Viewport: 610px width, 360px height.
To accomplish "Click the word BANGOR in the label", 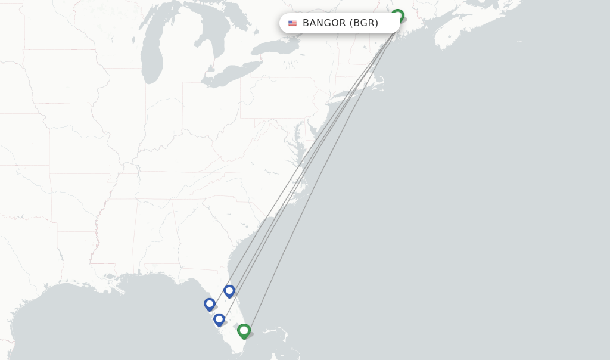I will point(324,23).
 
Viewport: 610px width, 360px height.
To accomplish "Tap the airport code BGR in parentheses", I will point(364,23).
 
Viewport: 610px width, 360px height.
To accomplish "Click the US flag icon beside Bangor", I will point(292,23).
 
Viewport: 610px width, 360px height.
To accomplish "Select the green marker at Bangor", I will point(397,15).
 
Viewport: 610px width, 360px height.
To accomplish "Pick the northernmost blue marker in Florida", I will point(229,291).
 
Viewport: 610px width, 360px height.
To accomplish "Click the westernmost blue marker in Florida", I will point(209,304).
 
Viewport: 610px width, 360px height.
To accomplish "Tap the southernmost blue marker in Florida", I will point(219,319).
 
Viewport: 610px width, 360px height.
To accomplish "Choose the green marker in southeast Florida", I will point(244,330).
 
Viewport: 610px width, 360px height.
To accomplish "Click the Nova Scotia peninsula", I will point(465,36).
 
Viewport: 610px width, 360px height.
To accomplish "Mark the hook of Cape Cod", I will point(381,80).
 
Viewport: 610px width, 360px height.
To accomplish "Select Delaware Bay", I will point(312,127).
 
